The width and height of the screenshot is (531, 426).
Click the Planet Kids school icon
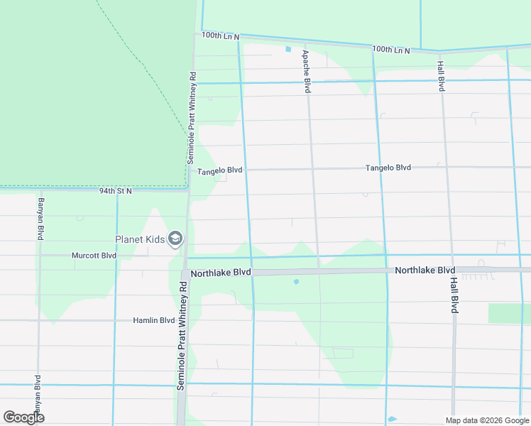(x=175, y=239)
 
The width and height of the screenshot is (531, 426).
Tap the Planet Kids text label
(x=141, y=239)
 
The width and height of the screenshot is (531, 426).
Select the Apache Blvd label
(x=307, y=72)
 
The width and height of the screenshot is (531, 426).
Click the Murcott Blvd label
(x=94, y=256)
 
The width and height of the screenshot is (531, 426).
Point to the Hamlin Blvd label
(x=153, y=321)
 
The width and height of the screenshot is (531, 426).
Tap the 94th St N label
(x=116, y=191)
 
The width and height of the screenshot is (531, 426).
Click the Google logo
(x=23, y=417)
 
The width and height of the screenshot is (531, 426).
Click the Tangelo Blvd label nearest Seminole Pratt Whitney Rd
(x=219, y=171)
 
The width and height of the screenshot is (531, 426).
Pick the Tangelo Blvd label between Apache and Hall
(x=388, y=168)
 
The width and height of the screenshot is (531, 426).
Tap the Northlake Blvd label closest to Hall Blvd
(x=425, y=271)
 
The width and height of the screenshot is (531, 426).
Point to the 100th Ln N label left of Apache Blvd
(x=221, y=35)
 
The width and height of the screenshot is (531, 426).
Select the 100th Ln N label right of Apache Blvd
(x=391, y=50)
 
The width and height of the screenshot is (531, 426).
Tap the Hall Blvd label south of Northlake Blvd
(x=453, y=295)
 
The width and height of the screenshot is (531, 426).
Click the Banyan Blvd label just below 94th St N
(x=40, y=219)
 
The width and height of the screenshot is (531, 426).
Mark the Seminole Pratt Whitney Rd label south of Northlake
(x=182, y=334)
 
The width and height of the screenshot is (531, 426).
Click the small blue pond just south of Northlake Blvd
(x=296, y=282)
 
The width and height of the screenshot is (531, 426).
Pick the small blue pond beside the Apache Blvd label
(x=288, y=49)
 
